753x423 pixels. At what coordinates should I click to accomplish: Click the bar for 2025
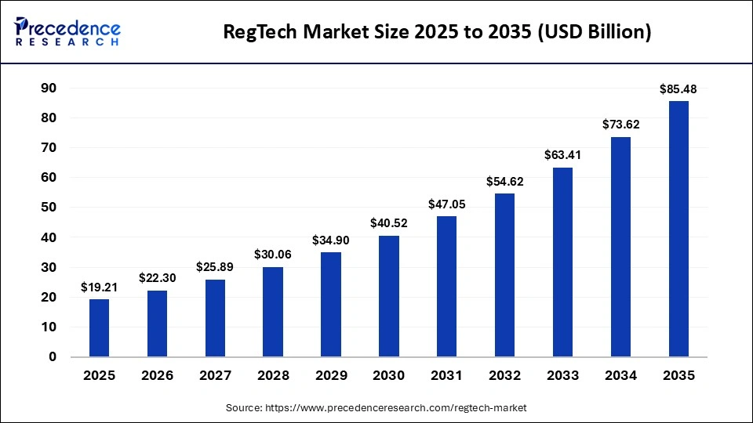[99, 328]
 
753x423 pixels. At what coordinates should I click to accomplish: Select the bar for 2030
[389, 296]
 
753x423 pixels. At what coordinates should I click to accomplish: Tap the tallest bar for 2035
[678, 229]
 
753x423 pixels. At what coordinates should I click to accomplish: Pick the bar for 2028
[273, 312]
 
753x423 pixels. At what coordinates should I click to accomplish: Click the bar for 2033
[563, 262]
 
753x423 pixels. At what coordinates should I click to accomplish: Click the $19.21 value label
[99, 288]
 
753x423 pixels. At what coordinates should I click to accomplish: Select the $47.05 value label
[447, 204]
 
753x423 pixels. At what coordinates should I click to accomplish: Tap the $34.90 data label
[331, 240]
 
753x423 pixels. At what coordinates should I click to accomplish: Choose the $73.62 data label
[620, 125]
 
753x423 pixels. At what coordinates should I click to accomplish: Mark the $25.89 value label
[215, 268]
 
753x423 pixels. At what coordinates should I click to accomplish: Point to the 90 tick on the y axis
[49, 89]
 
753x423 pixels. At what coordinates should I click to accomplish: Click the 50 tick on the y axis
[49, 208]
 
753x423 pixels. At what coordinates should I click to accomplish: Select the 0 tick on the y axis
[53, 357]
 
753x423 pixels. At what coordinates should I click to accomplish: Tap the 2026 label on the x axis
[157, 376]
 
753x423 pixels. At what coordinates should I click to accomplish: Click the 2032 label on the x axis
[505, 376]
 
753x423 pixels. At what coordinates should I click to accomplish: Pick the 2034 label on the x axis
[620, 376]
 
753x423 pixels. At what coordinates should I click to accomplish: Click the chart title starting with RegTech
[437, 33]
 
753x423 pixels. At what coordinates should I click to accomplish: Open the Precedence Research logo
[67, 31]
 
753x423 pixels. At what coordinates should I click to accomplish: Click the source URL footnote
[376, 408]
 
